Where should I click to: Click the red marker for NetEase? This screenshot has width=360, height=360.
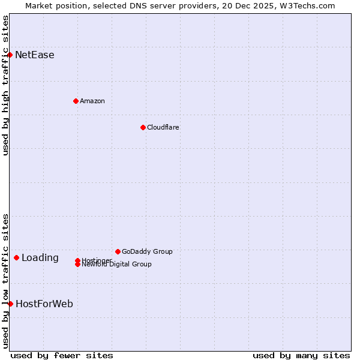(x=10, y=55)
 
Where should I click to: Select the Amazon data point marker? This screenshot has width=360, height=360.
(x=76, y=101)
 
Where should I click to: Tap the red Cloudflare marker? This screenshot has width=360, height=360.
(x=143, y=127)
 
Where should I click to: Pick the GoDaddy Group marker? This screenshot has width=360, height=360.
(x=118, y=251)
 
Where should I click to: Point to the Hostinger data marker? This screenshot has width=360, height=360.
(x=77, y=260)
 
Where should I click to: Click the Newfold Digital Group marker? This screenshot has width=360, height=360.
(x=77, y=265)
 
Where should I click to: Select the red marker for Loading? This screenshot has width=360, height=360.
(x=16, y=258)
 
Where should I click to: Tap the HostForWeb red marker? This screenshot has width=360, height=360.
(x=10, y=304)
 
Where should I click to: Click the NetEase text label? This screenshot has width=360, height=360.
(x=35, y=55)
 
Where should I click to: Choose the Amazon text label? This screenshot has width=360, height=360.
(x=92, y=101)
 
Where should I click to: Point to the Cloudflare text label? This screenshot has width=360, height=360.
(x=163, y=127)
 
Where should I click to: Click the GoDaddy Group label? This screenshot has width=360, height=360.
(x=147, y=251)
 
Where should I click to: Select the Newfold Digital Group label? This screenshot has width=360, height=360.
(x=117, y=265)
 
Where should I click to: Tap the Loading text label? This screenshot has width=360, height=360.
(x=40, y=258)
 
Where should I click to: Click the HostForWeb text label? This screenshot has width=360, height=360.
(x=44, y=304)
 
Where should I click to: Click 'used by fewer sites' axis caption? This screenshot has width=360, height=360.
(x=62, y=355)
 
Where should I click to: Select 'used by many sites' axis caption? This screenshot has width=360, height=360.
(x=301, y=355)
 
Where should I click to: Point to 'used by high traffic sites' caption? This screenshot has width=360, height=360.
(x=5, y=85)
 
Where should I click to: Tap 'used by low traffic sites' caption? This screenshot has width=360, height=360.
(x=5, y=281)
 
